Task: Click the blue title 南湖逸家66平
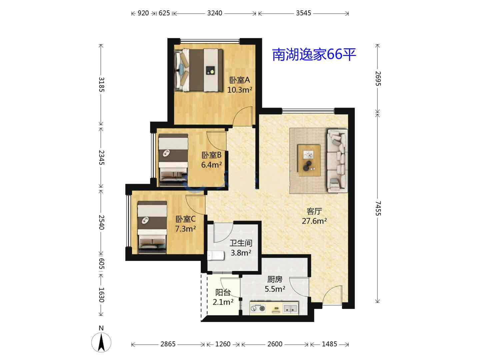[314, 54]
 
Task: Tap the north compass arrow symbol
[101, 342]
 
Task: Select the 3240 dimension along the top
[215, 13]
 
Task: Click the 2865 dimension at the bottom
[168, 344]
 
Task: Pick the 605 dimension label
[101, 264]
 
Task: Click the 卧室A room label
[239, 80]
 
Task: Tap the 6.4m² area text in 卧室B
[211, 165]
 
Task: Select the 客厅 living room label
[314, 211]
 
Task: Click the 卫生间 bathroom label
[241, 243]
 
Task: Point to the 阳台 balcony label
[223, 292]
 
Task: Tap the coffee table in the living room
[309, 160]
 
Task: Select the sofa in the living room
[337, 161]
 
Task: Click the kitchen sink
[291, 309]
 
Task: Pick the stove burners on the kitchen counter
[258, 308]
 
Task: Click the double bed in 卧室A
[199, 70]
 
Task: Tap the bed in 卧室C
[152, 227]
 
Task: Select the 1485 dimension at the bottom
[329, 344]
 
